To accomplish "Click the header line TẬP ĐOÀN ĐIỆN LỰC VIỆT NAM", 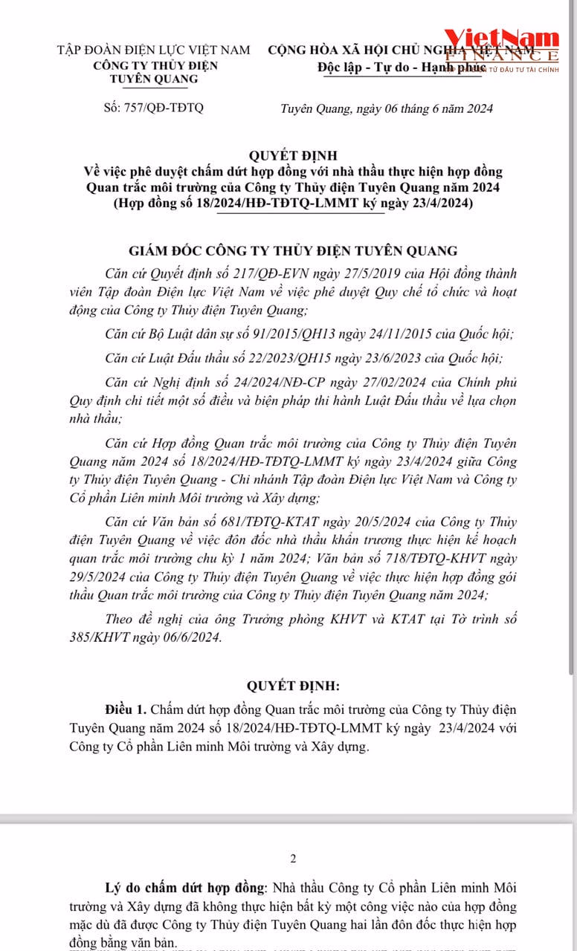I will pyautogui.click(x=154, y=50).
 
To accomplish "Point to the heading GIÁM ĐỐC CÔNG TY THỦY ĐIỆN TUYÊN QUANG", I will pyautogui.click(x=293, y=250).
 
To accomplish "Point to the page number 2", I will pyautogui.click(x=293, y=859).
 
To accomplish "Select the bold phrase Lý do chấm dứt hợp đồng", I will pyautogui.click(x=184, y=888).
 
